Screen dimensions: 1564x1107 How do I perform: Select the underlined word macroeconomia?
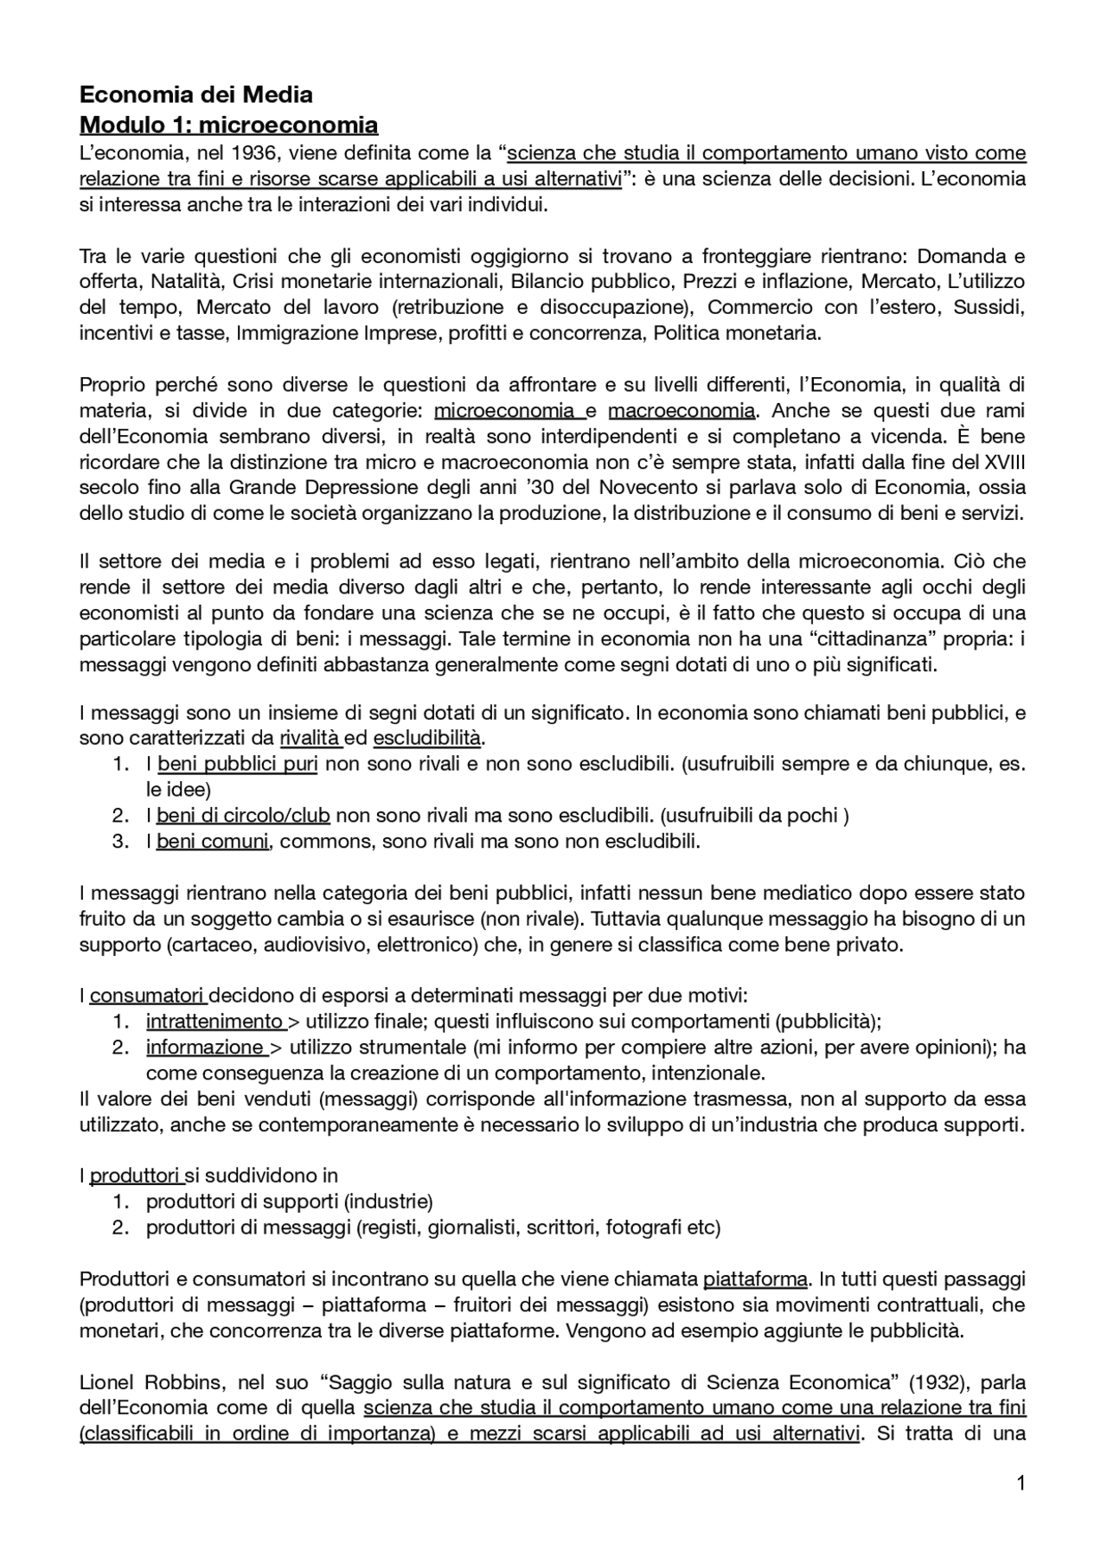[681, 410]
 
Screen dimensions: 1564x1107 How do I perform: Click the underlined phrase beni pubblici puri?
[237, 764]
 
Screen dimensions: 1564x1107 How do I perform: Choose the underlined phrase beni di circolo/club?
[243, 815]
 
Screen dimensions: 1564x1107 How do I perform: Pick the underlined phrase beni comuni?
[213, 841]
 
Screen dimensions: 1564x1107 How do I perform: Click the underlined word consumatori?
[147, 996]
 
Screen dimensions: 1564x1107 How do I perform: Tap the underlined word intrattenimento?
[214, 1022]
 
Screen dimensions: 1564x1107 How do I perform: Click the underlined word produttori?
[135, 1176]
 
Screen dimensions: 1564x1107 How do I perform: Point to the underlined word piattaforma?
[755, 1279]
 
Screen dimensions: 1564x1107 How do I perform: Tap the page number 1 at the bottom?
[1021, 1484]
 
